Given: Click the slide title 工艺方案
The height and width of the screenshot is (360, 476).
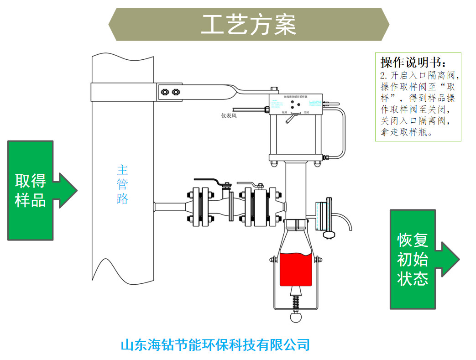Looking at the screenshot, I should [x=249, y=25].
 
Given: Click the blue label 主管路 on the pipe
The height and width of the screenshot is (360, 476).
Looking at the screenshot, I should [x=122, y=184].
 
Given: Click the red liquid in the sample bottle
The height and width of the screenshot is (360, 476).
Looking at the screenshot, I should [x=296, y=269].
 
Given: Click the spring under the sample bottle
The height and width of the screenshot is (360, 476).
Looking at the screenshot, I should [x=296, y=302].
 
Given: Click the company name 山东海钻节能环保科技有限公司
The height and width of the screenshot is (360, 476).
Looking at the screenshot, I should [x=215, y=345].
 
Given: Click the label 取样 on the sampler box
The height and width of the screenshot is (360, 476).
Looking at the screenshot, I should [x=284, y=112].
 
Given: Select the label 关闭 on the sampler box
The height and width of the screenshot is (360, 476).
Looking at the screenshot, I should [x=306, y=112].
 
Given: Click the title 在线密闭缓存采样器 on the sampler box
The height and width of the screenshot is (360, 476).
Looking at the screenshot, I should [x=296, y=97].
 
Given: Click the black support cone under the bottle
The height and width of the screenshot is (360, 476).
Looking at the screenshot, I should [x=296, y=291].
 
